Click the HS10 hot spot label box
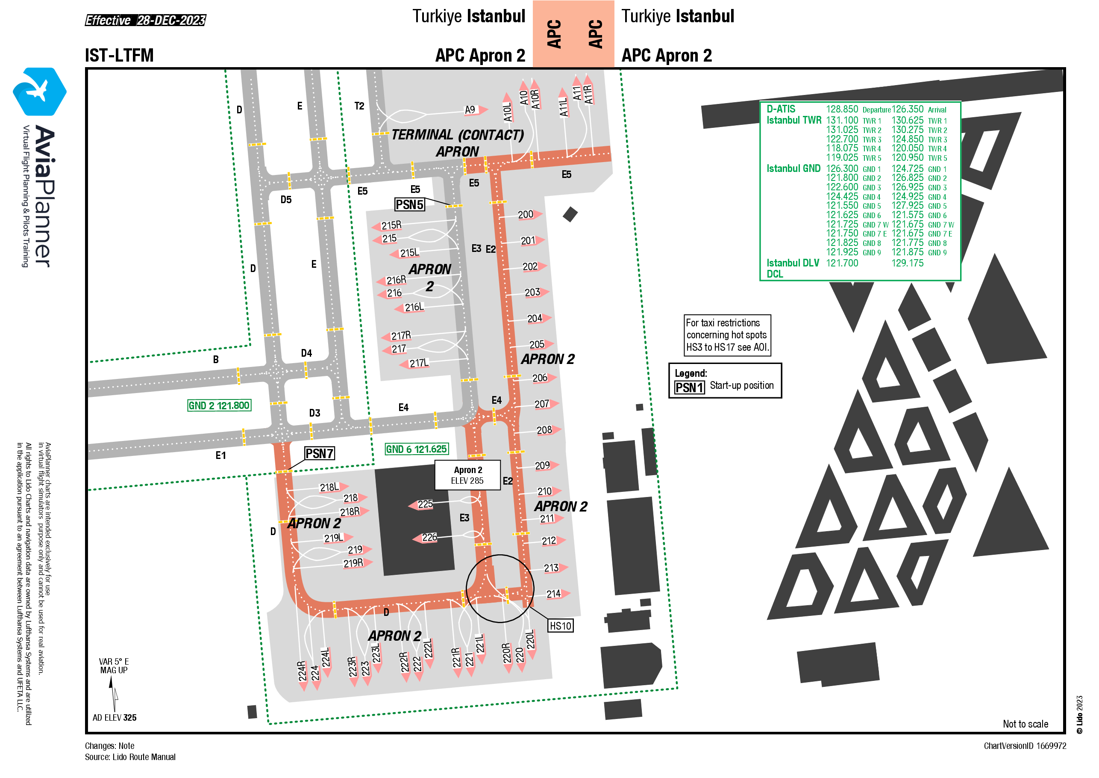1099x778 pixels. pos(561,626)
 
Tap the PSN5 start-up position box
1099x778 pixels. pos(410,204)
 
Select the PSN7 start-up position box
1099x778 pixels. pos(320,453)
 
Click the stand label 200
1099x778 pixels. pos(526,215)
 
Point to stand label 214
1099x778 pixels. pos(554,594)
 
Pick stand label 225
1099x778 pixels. pos(425,504)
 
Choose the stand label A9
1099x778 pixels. pos(470,109)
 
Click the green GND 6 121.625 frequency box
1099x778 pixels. pos(417,449)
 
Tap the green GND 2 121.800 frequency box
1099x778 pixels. pos(219,405)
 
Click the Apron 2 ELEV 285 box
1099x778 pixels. pos(467,475)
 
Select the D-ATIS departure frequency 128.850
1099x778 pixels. pos(842,109)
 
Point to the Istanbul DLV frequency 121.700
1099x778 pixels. pos(842,263)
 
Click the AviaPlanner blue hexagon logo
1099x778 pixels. pos(40,92)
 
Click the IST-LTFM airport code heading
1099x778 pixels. pos(119,56)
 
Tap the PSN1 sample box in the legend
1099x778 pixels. pos(689,387)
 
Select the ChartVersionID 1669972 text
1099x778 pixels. pos(1025,746)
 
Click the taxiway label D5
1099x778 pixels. pos(286,200)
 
